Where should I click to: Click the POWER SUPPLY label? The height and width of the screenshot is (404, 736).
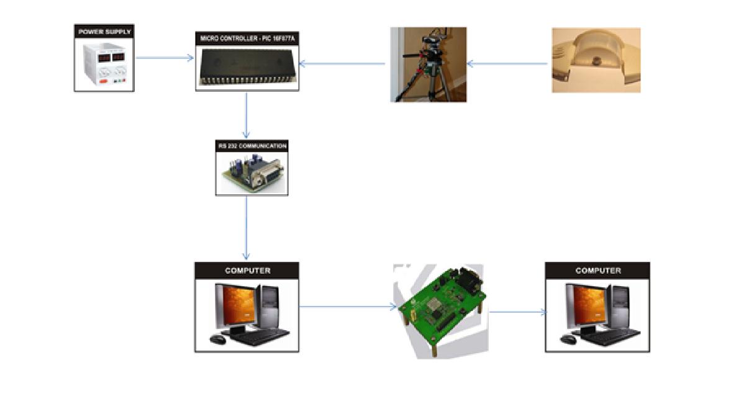(x=104, y=31)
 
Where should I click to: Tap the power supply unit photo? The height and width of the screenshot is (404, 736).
(x=104, y=65)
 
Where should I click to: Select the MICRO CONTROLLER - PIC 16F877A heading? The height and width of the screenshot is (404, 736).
(x=247, y=38)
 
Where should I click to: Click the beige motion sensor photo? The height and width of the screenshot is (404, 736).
(x=596, y=60)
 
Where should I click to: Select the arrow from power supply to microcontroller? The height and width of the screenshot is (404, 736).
(x=165, y=58)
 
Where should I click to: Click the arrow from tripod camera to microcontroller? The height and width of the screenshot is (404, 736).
(x=342, y=63)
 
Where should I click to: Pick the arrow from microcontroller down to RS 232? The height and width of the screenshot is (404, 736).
(x=247, y=115)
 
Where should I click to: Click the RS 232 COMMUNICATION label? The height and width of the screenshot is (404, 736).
(x=252, y=146)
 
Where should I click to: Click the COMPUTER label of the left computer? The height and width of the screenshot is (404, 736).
(x=247, y=271)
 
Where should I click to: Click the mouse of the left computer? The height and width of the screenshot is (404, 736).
(x=217, y=339)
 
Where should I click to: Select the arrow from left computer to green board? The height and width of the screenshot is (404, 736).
(x=348, y=306)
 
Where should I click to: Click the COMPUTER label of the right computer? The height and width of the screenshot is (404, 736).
(x=597, y=271)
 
